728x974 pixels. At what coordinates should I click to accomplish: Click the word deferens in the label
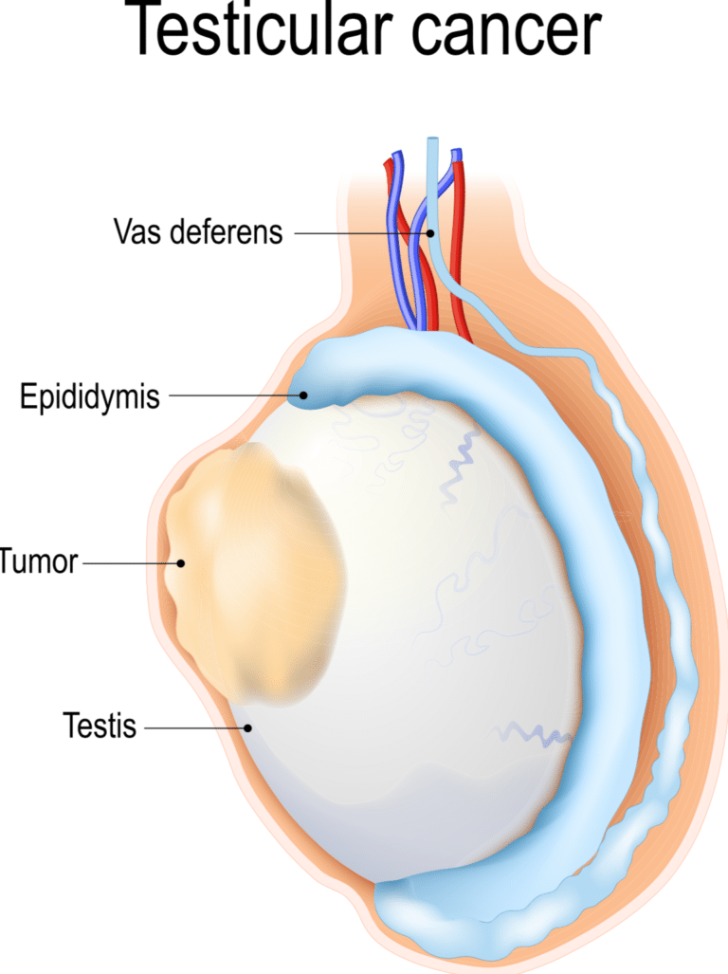[x=227, y=231]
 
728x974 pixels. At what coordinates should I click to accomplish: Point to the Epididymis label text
[x=90, y=396]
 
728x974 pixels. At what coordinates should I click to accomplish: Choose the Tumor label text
[x=38, y=562]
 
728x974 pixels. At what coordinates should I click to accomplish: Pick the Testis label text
[x=100, y=727]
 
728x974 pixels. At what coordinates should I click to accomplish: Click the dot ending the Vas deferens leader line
[x=429, y=231]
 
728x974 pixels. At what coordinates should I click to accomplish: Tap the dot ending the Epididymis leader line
[x=303, y=395]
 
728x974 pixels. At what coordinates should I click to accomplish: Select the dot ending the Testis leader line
[x=248, y=727]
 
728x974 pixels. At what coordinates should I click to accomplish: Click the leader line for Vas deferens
[x=360, y=231]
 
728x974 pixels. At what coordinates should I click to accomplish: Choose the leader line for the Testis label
[x=194, y=727]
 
